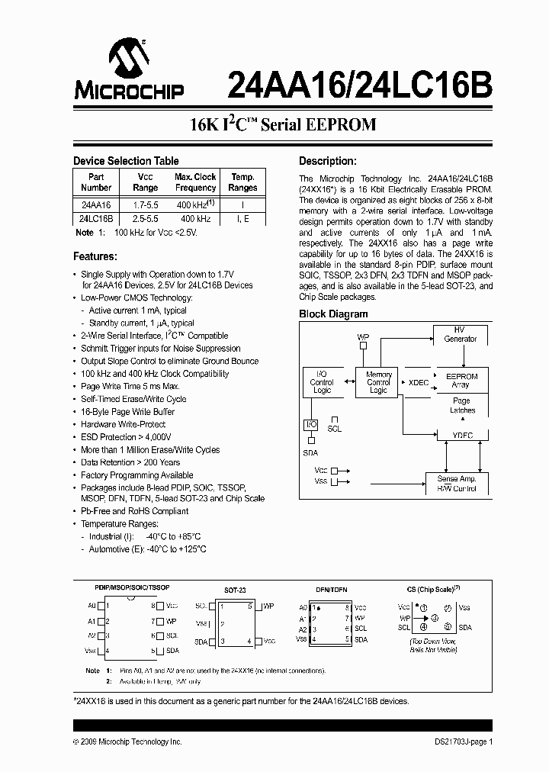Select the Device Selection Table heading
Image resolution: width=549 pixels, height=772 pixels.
pos(126,161)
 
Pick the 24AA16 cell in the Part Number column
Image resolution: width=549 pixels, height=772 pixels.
pos(96,206)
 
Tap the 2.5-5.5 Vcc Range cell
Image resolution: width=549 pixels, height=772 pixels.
pos(145,219)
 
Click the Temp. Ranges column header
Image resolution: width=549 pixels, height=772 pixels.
pos(242,182)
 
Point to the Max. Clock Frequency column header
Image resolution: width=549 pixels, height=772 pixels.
pos(195,182)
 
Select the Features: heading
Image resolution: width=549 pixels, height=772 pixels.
pos(95,256)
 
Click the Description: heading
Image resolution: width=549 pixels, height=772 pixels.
pos(327,161)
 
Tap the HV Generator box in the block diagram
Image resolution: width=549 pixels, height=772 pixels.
pos(461,334)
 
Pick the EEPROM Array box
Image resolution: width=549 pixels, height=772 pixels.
pos(461,381)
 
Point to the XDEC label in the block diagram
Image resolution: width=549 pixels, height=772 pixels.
pos(419,383)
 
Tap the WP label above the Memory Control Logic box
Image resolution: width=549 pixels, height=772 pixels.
pos(363,336)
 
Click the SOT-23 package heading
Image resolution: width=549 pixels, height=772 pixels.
pos(235,590)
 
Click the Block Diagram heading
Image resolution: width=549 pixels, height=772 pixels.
pos(333,314)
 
